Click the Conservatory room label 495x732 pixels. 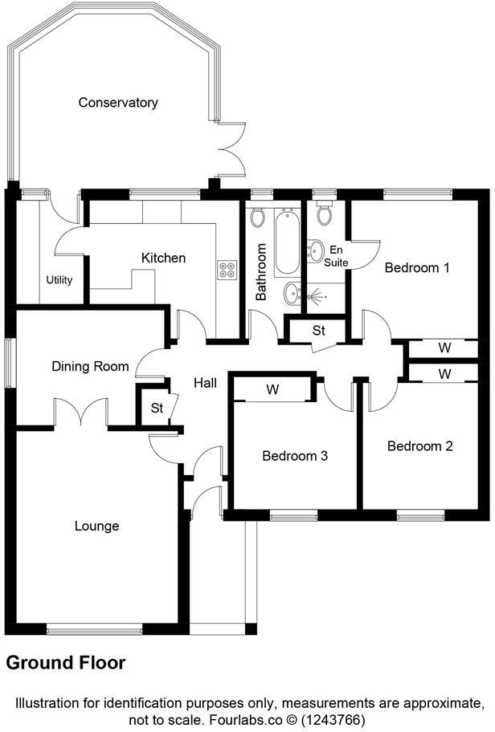117,103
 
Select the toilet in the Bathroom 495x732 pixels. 258,218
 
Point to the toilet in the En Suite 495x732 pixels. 325,214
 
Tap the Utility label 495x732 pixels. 59,280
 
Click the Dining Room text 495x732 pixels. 90,367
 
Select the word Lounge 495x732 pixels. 96,527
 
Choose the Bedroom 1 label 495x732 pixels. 416,267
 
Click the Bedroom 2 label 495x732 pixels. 419,446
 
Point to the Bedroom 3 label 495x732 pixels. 295,456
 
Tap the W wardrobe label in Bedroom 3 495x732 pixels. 272,390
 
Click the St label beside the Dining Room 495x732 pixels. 157,409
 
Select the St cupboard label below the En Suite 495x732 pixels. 318,330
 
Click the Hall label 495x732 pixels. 205,384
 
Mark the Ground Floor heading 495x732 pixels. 66,663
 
